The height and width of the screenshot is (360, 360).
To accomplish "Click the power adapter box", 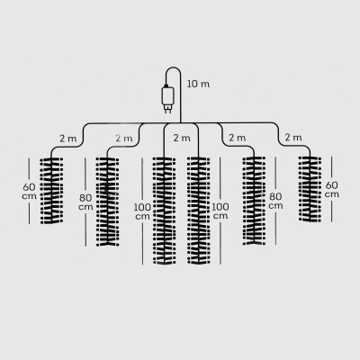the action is pyautogui.click(x=167, y=95).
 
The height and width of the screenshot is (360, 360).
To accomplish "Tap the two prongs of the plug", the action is pyautogui.click(x=167, y=109).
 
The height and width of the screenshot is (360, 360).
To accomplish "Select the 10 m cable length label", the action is pyautogui.click(x=198, y=84).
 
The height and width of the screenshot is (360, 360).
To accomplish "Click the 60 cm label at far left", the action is pyautogui.click(x=30, y=191).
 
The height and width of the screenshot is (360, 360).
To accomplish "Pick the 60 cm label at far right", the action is pyautogui.click(x=332, y=189).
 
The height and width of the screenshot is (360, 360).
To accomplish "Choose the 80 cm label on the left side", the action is pyautogui.click(x=85, y=202).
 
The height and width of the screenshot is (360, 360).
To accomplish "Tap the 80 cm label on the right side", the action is pyautogui.click(x=275, y=201).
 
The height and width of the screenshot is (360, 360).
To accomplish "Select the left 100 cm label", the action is pyautogui.click(x=142, y=211).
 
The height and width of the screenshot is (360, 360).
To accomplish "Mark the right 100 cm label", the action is pyautogui.click(x=220, y=211).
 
